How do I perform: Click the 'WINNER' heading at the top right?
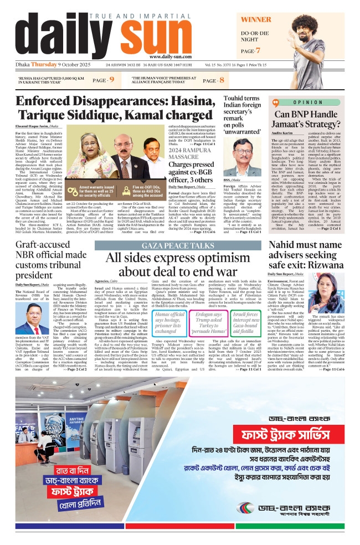click(255, 20)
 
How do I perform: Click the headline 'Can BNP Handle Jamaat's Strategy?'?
click(303, 120)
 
